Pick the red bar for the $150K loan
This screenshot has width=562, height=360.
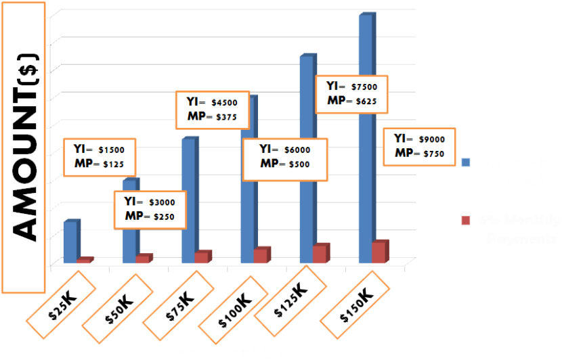click(380, 252)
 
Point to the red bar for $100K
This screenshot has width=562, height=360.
click(261, 255)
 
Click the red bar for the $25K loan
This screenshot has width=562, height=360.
click(83, 261)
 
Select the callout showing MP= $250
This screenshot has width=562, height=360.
click(150, 209)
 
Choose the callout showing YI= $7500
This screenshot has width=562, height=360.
click(351, 94)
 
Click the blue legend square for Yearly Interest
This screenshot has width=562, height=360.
click(466, 162)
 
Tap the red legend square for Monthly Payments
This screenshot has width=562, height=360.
click(466, 220)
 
